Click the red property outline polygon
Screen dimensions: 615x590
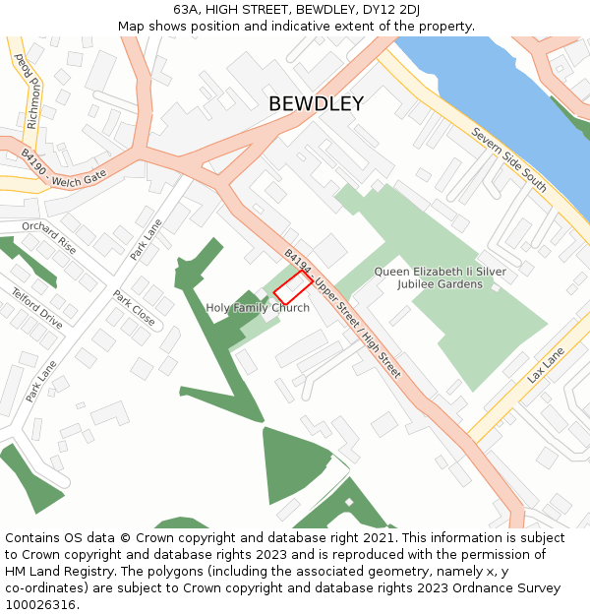pos(293,288)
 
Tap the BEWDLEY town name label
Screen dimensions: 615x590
pos(316,104)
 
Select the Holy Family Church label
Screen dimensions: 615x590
pos(258,308)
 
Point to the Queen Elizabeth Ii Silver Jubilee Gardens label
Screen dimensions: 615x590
pos(427,277)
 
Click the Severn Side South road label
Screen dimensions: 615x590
pos(508,158)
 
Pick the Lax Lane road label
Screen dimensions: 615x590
pos(546,364)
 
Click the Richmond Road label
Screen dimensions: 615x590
pos(28,79)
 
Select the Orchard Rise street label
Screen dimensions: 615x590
pos(49,238)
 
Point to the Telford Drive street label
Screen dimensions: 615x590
pos(37,308)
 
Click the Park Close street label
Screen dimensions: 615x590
pos(134,308)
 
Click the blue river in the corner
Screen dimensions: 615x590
pos(492,89)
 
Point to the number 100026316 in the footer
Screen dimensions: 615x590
pos(42,604)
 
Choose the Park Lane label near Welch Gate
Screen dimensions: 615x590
pos(146,239)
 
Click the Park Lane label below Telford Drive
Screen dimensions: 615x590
pos(41,381)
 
